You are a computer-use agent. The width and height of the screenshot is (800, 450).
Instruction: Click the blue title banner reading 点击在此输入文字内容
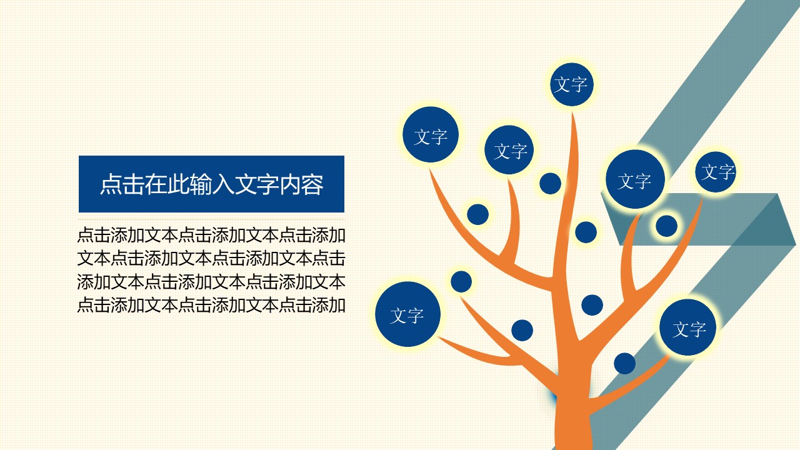(x=211, y=184)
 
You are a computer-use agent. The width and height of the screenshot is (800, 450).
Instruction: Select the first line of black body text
(x=211, y=236)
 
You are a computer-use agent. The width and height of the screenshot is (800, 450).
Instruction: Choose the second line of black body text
(x=211, y=258)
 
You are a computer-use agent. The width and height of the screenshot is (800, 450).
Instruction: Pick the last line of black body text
(x=211, y=305)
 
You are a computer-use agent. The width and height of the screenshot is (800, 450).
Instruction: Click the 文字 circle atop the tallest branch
(x=571, y=84)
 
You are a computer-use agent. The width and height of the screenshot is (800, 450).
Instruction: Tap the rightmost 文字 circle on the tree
(x=716, y=172)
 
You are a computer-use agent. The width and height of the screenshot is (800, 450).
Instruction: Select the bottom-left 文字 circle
(x=407, y=315)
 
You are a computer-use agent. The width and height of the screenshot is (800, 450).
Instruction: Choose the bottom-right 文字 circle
(x=689, y=328)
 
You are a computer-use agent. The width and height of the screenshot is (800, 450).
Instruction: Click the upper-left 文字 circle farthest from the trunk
(x=431, y=136)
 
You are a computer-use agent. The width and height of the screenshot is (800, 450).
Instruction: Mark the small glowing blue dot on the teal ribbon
(x=666, y=226)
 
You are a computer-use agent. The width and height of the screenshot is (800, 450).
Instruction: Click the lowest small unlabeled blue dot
(x=624, y=363)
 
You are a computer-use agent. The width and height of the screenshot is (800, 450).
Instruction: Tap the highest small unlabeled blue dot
(x=550, y=184)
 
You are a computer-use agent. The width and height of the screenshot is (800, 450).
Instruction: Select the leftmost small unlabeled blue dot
(x=461, y=281)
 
